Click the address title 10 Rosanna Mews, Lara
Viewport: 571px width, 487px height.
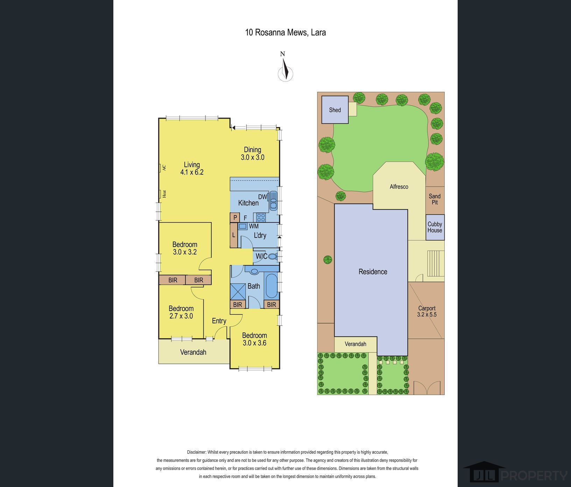point(285,33)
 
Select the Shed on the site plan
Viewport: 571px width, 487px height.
point(335,110)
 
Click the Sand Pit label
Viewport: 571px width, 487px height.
point(435,199)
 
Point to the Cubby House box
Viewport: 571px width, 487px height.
point(435,227)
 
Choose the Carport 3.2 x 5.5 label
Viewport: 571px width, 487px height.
point(427,311)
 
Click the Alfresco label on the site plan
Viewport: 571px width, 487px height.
point(399,187)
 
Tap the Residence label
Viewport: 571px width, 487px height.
point(373,272)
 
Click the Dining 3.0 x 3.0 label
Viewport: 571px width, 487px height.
point(252,154)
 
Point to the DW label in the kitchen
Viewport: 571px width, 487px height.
point(262,197)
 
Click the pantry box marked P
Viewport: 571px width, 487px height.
point(235,218)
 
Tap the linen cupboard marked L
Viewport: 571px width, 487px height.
point(234,235)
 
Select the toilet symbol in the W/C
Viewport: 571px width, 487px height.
point(273,257)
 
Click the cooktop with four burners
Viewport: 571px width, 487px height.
point(261,217)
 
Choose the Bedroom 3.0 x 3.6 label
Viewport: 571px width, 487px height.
point(254,339)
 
